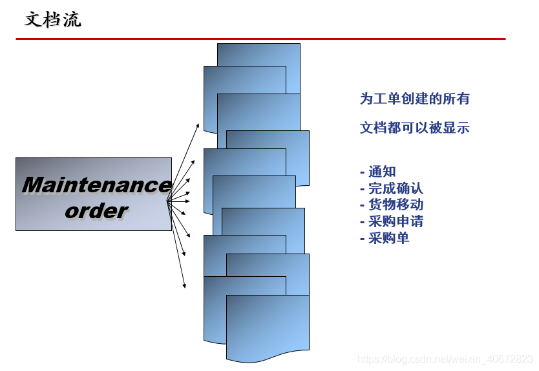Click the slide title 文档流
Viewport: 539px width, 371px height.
click(x=53, y=19)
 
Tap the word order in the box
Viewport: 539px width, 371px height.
click(x=96, y=211)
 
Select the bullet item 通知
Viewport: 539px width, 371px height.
click(x=382, y=172)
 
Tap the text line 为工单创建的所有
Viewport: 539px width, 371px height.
click(x=414, y=99)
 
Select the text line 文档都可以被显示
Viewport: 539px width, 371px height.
click(x=414, y=128)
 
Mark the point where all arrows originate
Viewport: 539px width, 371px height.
click(x=167, y=201)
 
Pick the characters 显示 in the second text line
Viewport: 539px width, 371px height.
click(x=456, y=128)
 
